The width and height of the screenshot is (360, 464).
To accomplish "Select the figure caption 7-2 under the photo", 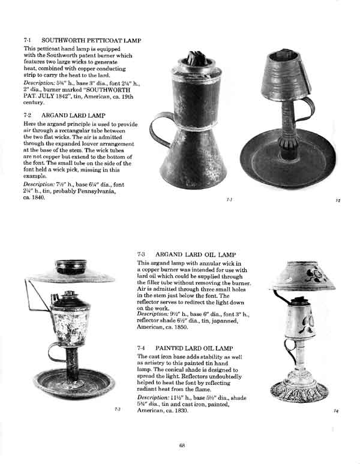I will pos(338,200).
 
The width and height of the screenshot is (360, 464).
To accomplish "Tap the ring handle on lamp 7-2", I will pos(308,109).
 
